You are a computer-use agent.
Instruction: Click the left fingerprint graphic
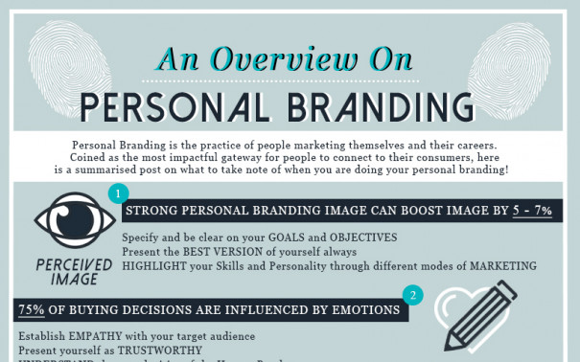pyautogui.click(x=74, y=57)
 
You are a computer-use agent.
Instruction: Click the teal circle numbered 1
pyautogui.click(x=118, y=194)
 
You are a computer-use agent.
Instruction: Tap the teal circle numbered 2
pyautogui.click(x=412, y=294)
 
